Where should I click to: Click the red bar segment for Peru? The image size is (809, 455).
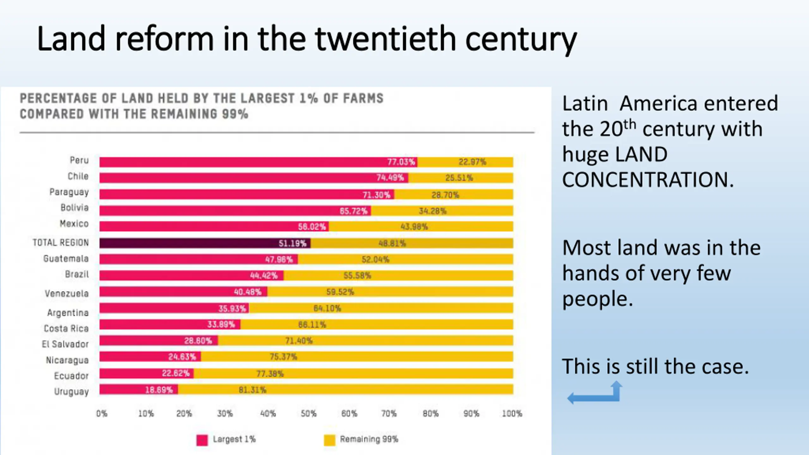coord(258,162)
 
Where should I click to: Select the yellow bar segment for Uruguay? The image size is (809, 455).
coord(345,389)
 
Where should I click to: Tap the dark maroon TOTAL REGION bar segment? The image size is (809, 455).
coord(205,243)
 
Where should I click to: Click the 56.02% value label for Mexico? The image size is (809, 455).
coord(312,227)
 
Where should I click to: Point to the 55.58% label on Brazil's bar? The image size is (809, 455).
coord(357,276)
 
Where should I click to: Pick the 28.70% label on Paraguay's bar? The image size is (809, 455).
coord(445,195)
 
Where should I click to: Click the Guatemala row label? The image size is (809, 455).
coord(66,259)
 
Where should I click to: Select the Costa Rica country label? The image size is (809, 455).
coord(66,329)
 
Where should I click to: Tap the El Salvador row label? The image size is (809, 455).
coord(65,344)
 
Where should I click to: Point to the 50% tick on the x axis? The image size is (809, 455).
coord(308,414)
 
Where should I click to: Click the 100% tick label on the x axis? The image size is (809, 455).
coord(512,414)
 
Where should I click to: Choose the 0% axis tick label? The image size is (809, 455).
coord(102,414)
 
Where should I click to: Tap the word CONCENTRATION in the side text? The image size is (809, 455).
coord(648,180)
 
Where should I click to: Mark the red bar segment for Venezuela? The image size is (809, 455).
coord(183,292)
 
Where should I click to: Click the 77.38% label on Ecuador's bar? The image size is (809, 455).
coord(270,374)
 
